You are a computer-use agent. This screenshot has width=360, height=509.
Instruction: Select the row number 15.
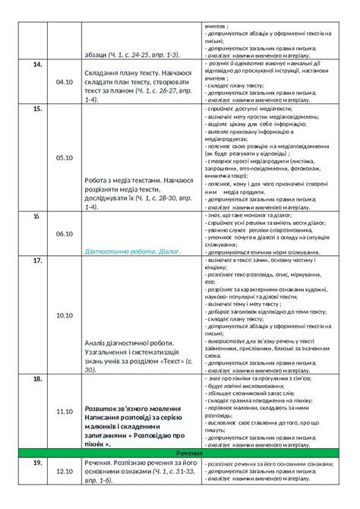(x=38, y=110)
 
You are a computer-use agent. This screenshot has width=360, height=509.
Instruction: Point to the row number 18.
(x=38, y=378)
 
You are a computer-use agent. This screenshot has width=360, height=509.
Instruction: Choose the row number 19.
(x=38, y=462)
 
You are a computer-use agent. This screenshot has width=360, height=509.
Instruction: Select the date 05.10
(x=64, y=158)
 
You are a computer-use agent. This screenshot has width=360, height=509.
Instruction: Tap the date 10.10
(x=64, y=315)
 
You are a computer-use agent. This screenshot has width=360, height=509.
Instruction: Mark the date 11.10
(x=64, y=411)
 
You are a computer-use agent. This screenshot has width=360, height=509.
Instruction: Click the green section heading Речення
(x=180, y=453)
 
